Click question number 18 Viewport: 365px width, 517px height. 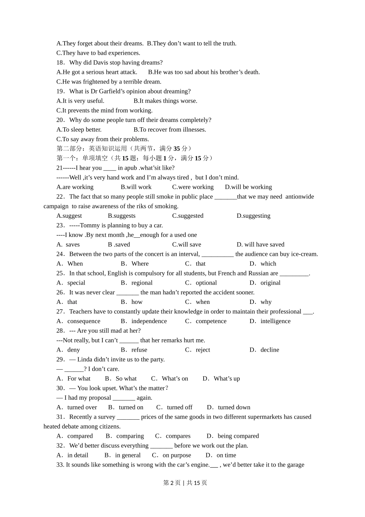[60, 63]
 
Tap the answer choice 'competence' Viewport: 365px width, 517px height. [211, 321]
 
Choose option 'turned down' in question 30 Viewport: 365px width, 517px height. [234, 407]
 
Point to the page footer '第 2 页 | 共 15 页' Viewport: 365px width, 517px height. [185, 483]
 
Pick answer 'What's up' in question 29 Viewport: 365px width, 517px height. [227, 379]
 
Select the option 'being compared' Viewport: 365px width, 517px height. [238, 436]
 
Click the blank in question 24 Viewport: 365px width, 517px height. [217, 254]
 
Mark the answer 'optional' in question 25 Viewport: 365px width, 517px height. [206, 283]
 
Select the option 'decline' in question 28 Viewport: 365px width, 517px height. [270, 350]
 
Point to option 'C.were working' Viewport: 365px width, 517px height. [193, 187]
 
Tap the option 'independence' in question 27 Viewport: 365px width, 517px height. [149, 321]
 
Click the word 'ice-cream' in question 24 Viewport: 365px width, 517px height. [304, 254]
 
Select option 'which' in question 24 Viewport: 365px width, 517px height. [268, 264]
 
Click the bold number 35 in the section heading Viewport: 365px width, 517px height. [177, 148]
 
